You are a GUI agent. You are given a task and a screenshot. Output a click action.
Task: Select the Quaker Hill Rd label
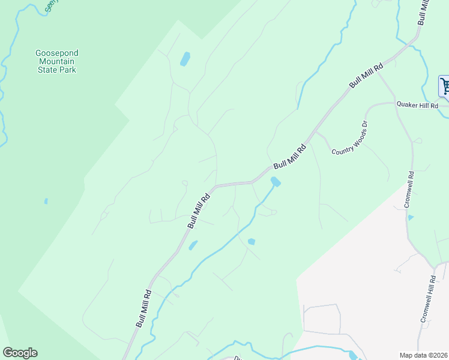point(417,104)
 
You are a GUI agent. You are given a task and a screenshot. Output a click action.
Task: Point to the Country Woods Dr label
point(350,138)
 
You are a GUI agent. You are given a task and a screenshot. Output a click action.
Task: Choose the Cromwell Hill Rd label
point(428,299)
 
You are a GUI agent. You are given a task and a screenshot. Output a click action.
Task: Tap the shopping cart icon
point(445,85)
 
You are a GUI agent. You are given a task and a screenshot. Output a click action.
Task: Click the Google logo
point(20,353)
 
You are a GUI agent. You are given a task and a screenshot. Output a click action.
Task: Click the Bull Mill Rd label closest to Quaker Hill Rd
point(366,76)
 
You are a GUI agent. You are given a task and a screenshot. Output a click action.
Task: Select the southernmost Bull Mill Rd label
point(143,308)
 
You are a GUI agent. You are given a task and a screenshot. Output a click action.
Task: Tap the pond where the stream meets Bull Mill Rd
point(275,181)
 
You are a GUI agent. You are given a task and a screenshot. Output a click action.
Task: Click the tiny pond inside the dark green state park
point(46,202)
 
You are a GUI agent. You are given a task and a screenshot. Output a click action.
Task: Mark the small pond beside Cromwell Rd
point(411,217)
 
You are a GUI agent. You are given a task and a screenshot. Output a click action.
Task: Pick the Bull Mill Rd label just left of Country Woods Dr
point(290,156)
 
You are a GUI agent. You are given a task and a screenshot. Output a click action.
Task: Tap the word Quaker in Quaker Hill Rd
point(406,104)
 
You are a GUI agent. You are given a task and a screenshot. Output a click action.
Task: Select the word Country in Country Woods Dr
point(340,147)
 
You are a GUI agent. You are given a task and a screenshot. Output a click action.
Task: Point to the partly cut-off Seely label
point(52,7)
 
